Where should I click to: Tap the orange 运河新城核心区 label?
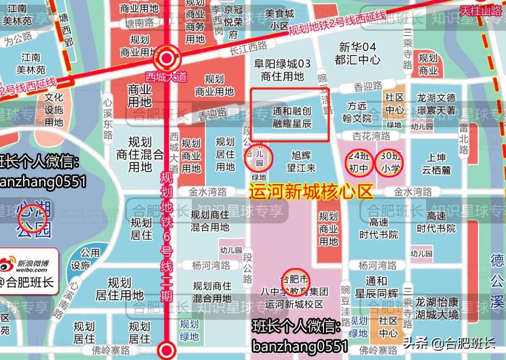pos(311,192)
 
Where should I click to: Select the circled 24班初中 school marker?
pos(358,161)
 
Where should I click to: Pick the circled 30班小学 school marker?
pos(391,161)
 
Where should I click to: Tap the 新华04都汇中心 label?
pos(358,53)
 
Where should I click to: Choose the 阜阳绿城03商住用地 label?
pos(282,70)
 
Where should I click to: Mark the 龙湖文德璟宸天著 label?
pos(436,104)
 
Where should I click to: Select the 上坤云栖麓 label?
pos(436,163)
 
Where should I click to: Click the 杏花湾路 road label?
pos(371,136)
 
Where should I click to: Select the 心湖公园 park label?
pos(34,219)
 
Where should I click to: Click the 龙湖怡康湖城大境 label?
pos(437,309)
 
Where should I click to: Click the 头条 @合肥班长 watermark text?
pos(449,343)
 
